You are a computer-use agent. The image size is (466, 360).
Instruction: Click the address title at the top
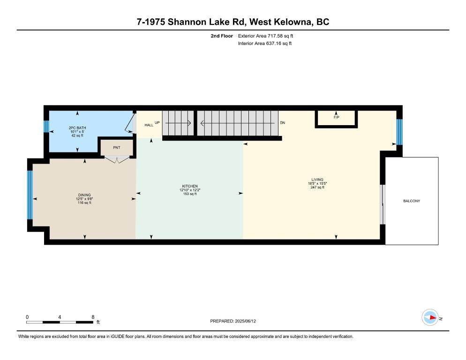coord(233,22)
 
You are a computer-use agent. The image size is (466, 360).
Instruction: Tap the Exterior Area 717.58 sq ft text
coord(266,36)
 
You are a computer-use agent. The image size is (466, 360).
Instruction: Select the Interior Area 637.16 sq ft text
coord(265,44)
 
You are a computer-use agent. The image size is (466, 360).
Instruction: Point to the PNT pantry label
coord(117,148)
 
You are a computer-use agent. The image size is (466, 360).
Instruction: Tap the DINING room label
coord(84,195)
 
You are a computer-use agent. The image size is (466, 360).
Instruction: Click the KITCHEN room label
coord(190,187)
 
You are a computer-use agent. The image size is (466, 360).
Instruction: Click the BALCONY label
coord(412,201)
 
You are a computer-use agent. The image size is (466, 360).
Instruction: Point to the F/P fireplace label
coord(336,117)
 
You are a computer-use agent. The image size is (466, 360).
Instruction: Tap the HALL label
coord(149,125)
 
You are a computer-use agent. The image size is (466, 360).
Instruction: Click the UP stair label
coord(158,123)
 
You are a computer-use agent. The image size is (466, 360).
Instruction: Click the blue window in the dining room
coord(30,195)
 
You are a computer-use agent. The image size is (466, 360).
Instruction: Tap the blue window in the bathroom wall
coord(46,127)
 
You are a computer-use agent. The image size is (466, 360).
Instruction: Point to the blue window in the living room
coord(399,132)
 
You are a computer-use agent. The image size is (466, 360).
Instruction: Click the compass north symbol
coord(430,317)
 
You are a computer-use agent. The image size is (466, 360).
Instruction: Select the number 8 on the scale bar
coord(93,317)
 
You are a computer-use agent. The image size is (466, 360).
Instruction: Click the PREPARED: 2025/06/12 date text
coord(233,321)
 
